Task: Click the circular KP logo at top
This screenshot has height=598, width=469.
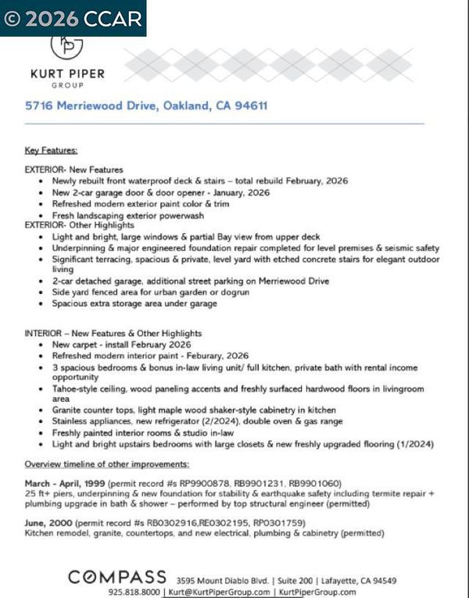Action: click(66, 45)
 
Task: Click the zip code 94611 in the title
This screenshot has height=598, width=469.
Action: click(250, 106)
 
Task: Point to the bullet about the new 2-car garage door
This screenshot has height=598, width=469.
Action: click(160, 192)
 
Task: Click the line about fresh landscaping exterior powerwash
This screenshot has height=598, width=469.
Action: click(134, 214)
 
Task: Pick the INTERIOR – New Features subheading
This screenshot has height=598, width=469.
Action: click(113, 333)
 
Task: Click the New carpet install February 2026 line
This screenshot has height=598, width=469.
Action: click(121, 344)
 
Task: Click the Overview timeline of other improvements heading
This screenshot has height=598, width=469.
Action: click(106, 464)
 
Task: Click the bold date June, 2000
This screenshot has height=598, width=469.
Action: click(45, 523)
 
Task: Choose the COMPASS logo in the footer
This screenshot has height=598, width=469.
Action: click(117, 577)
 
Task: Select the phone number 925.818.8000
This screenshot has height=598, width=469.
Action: click(134, 592)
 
